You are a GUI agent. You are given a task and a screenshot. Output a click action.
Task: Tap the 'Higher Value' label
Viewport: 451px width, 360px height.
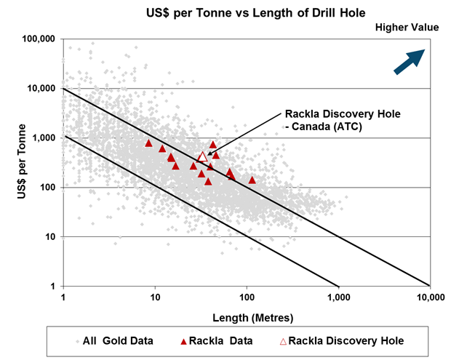pos(407,28)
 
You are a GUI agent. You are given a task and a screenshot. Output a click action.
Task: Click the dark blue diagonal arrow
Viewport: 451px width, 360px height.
pos(409,61)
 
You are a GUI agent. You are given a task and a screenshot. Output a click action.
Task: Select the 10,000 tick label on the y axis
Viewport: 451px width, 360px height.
pos(43,88)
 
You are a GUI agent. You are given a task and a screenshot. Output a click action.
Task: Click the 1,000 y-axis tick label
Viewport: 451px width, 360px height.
pos(46,137)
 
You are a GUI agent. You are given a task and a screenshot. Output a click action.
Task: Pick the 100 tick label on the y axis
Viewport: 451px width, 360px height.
pos(49,187)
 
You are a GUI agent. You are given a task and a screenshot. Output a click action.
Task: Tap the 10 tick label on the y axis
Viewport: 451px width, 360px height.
pos(52,236)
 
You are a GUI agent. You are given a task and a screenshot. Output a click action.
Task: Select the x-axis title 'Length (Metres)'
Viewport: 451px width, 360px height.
pos(247,318)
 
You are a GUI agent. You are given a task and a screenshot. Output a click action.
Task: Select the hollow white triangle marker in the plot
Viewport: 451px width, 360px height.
pos(203,156)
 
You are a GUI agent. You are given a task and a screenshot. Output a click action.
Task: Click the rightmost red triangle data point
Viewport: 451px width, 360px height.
pos(252,180)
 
